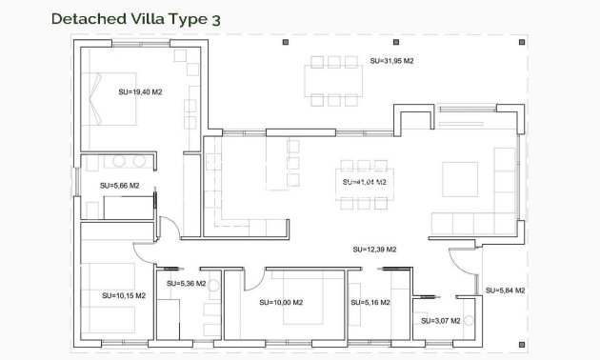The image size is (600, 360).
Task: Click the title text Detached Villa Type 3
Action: (130, 18)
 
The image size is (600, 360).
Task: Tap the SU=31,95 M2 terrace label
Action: (391, 60)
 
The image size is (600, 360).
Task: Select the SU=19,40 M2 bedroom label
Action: (138, 92)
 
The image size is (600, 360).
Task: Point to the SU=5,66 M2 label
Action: (120, 185)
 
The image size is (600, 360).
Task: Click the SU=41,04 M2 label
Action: (364, 181)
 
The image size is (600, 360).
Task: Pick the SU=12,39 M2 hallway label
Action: (374, 249)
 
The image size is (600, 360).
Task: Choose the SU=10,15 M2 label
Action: (124, 295)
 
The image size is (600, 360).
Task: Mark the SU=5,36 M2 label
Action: (186, 283)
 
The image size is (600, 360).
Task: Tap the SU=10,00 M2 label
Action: (281, 303)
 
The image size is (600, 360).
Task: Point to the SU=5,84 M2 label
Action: (506, 290)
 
